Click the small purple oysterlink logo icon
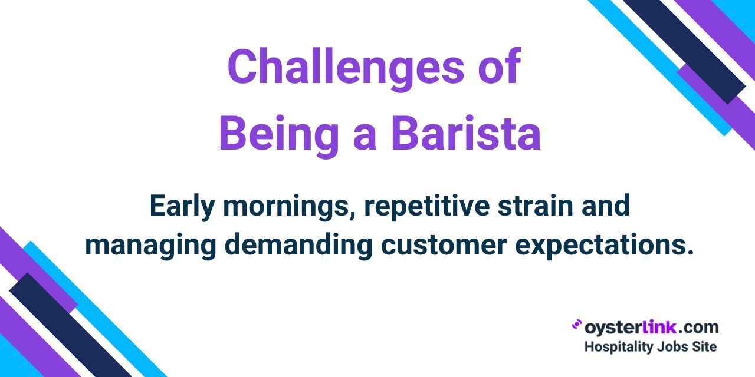pyautogui.click(x=576, y=325)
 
